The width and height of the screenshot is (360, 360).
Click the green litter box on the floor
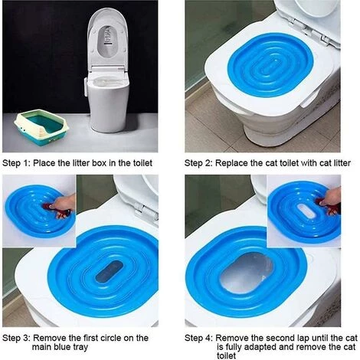[x=43, y=128]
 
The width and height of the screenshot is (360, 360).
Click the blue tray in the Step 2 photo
[x=270, y=64]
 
